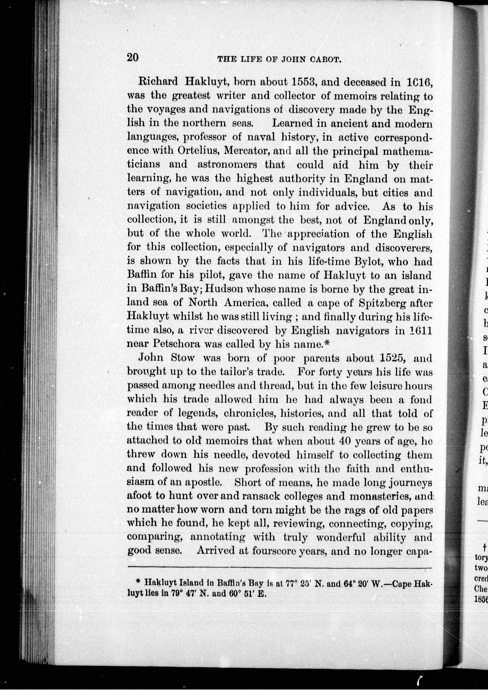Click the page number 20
click(x=133, y=57)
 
